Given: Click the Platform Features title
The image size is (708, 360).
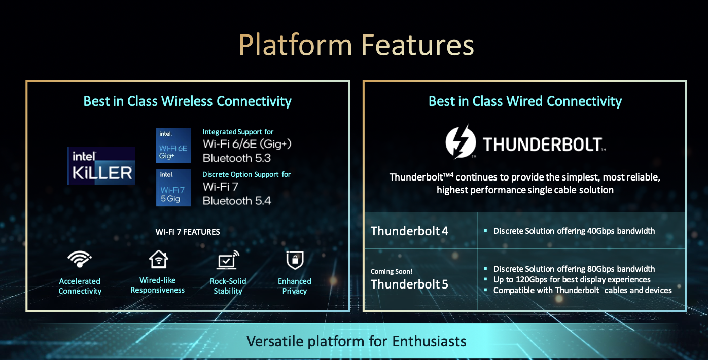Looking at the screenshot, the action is click(x=356, y=45).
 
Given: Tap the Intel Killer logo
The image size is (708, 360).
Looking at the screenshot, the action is click(x=101, y=165).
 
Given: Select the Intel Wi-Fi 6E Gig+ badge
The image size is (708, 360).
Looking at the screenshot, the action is click(x=173, y=146).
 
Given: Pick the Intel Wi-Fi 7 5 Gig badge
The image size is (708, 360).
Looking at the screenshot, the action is click(x=173, y=188).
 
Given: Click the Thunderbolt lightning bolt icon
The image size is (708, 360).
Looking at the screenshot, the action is click(x=461, y=141).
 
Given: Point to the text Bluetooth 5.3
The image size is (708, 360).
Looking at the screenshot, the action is click(x=237, y=158).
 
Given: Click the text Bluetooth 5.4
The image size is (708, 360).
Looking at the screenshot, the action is click(x=237, y=201).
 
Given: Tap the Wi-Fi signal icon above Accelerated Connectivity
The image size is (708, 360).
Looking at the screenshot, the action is click(x=80, y=259).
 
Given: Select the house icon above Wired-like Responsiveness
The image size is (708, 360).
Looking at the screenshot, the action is click(x=158, y=259).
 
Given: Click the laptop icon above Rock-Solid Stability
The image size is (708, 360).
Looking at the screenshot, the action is click(x=228, y=260).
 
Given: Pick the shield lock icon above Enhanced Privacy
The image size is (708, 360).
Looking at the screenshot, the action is click(x=295, y=260).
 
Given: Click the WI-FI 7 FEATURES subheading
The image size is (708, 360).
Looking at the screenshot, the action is click(x=188, y=232).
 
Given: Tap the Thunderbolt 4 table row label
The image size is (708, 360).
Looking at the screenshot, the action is click(x=409, y=231).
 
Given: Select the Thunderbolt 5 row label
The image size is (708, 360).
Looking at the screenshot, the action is click(x=409, y=284).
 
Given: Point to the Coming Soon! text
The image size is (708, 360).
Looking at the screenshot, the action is click(x=392, y=271).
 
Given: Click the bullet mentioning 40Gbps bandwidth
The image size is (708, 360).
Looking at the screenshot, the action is click(x=574, y=231).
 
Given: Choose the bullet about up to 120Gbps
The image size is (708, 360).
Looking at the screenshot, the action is click(x=572, y=280).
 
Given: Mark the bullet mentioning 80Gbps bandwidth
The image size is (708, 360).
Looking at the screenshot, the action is click(x=574, y=269).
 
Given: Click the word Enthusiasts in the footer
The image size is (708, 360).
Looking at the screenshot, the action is click(x=429, y=341).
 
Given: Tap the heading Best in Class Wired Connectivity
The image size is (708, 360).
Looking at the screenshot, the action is click(x=525, y=101).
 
